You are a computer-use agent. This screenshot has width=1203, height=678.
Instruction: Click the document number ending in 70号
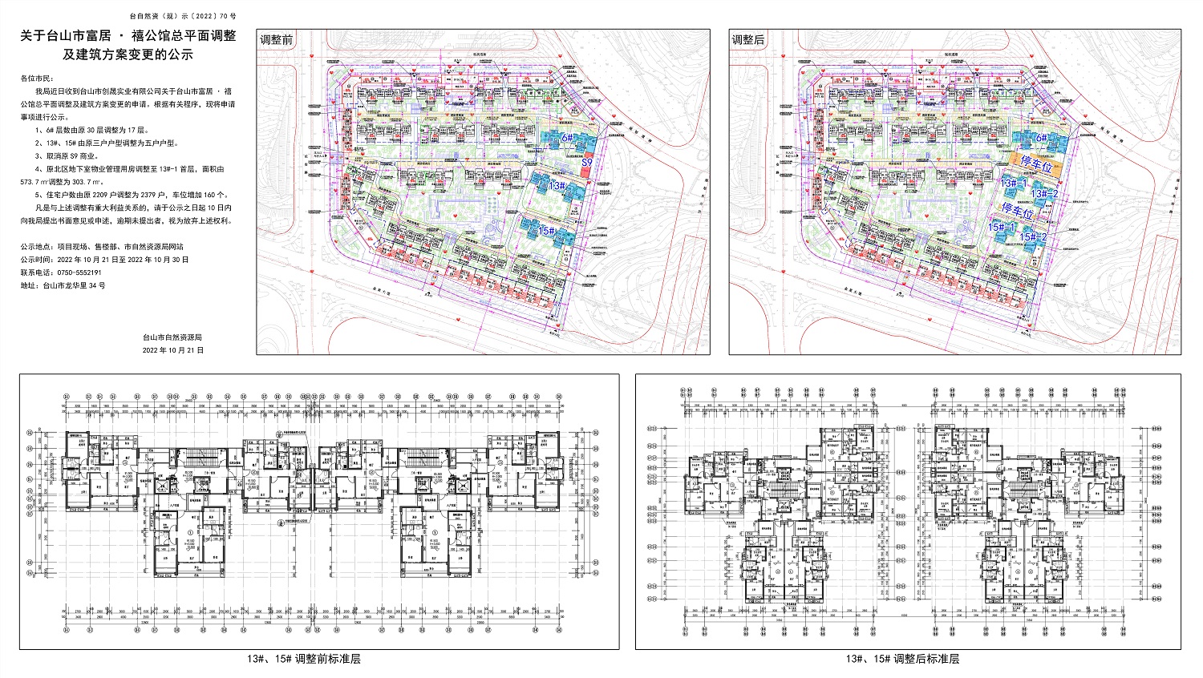click(x=182, y=16)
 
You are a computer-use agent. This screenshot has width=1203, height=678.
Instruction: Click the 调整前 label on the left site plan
click(x=277, y=40)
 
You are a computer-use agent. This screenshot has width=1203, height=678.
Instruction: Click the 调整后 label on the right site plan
click(x=748, y=40)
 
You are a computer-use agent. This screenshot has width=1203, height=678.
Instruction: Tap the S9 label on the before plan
click(x=587, y=163)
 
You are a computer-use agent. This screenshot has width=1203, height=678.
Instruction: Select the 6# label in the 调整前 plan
click(x=568, y=138)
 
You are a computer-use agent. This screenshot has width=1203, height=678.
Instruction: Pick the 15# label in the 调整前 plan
click(x=547, y=231)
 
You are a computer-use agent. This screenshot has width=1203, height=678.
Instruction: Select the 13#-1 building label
click(x=1013, y=183)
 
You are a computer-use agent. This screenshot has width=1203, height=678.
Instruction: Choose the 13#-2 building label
click(x=1045, y=193)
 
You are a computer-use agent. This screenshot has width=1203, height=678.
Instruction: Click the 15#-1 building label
click(x=1002, y=228)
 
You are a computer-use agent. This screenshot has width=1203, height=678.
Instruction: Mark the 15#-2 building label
click(x=1033, y=237)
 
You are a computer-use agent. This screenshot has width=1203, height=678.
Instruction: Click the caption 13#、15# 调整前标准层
click(x=304, y=660)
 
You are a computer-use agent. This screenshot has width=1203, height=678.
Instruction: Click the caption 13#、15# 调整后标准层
click(x=902, y=660)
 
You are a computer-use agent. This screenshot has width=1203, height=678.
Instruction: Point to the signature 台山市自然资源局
click(x=172, y=337)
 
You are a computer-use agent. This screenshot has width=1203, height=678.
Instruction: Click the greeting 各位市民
click(x=36, y=79)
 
